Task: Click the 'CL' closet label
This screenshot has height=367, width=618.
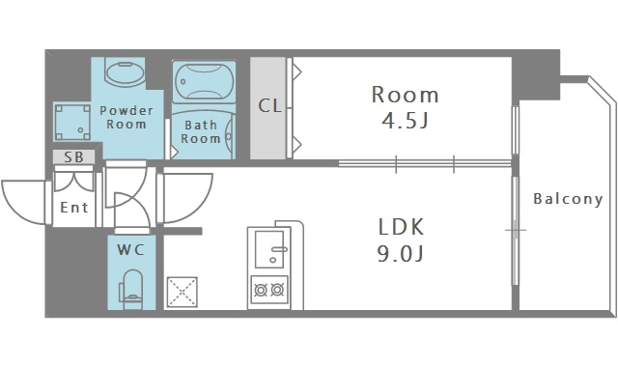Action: coord(270,105)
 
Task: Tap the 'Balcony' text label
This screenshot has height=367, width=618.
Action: coord(568,199)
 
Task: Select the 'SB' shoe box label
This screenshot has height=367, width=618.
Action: coord(74,157)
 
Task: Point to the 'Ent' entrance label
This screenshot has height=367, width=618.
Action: coord(74,208)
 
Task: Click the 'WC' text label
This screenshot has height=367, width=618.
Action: coord(131,249)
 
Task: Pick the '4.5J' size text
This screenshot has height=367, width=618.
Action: coord(405,121)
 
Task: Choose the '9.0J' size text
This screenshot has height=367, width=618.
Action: coord(401,253)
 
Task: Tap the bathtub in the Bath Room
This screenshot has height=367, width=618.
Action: coord(204,81)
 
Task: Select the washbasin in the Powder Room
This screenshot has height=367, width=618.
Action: coord(125,72)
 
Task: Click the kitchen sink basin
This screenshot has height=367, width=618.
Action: coord(269,249)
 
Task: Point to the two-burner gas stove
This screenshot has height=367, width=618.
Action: coord(269,290)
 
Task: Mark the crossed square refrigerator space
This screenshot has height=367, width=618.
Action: coord(183,292)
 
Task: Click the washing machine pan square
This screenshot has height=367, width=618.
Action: coord(71,123)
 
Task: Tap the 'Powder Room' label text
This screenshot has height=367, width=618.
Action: coord(126,117)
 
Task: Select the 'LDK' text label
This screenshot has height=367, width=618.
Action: coord(401,227)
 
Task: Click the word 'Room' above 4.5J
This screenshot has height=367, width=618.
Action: coord(405,95)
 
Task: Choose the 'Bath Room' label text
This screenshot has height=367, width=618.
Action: coord(201,131)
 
